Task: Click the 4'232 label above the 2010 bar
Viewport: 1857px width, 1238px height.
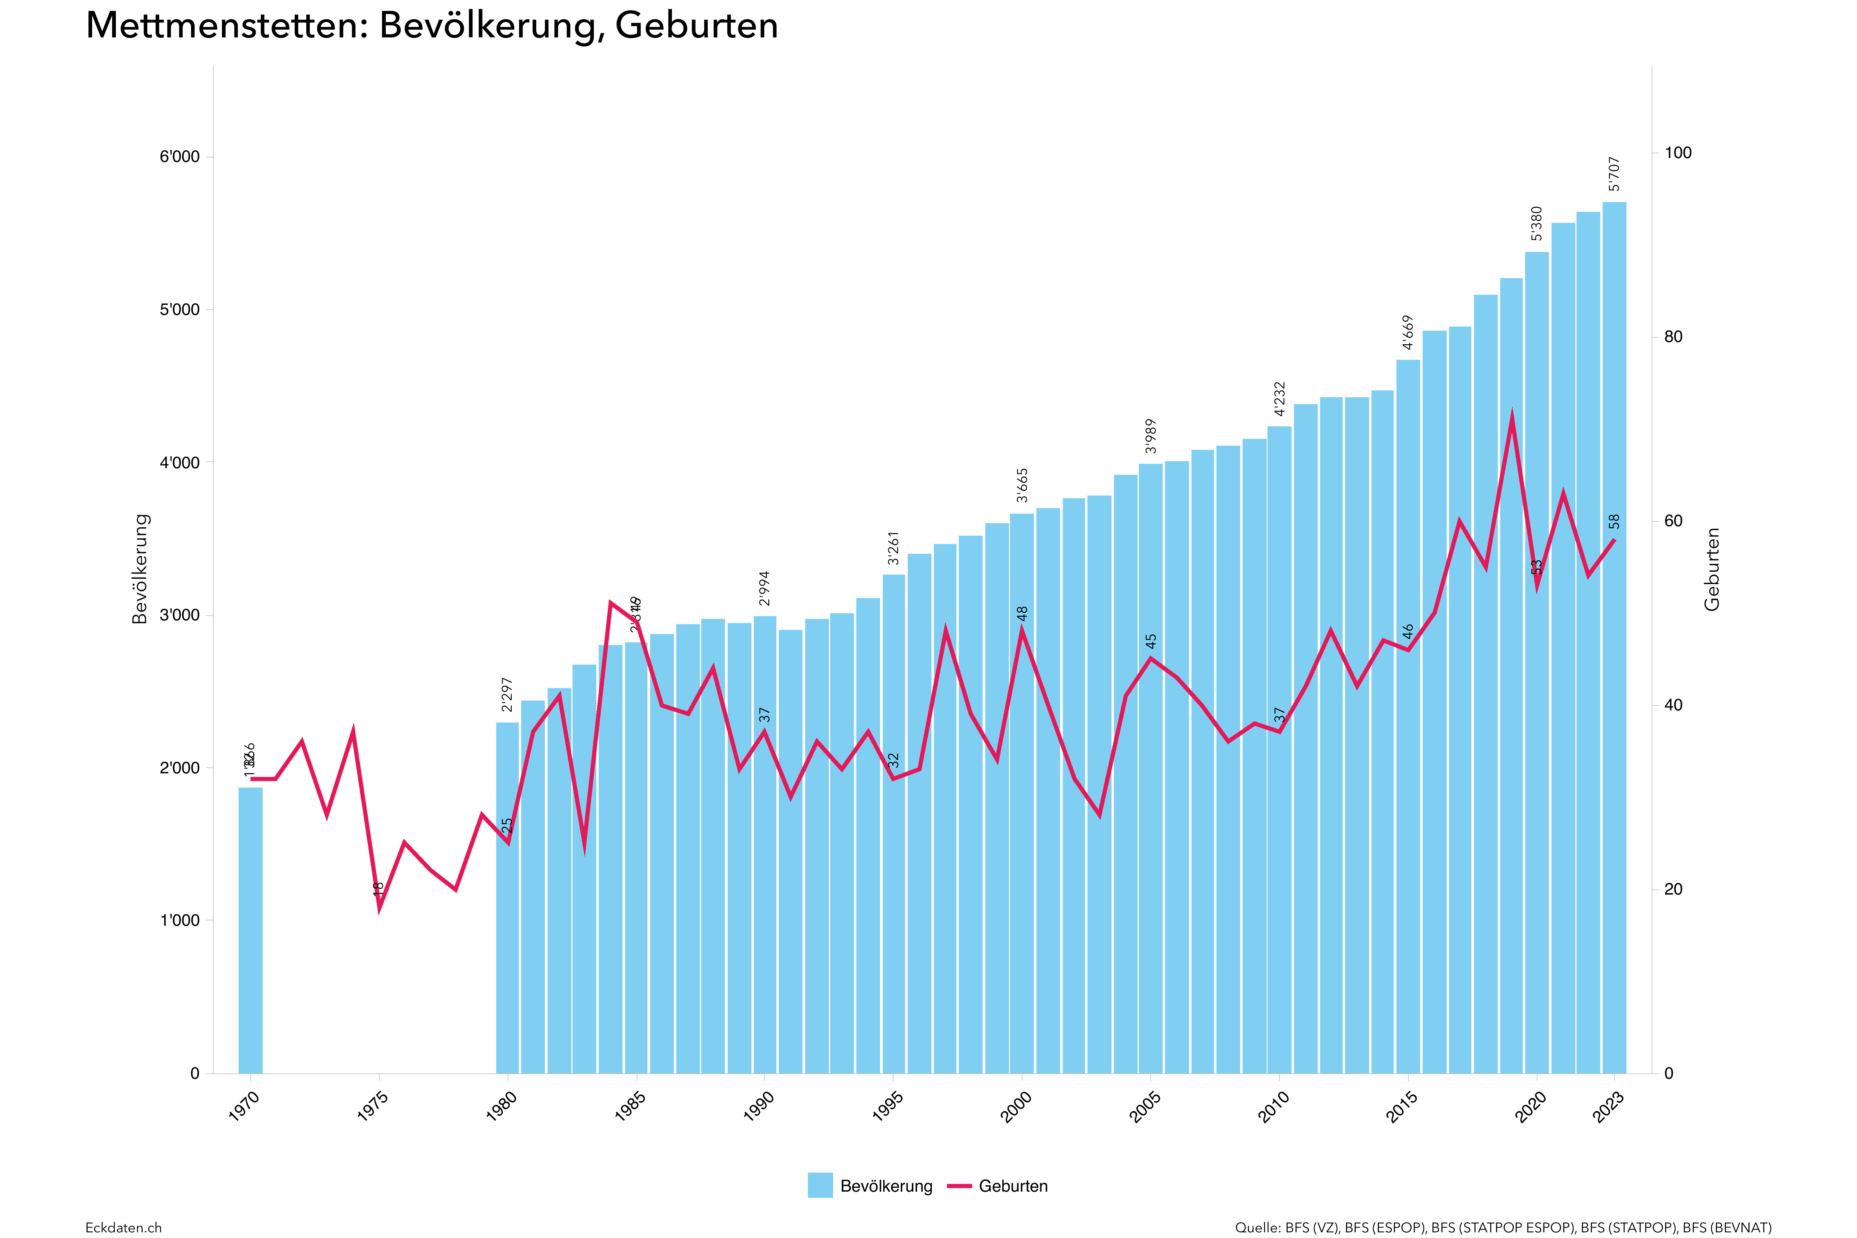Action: point(1280,399)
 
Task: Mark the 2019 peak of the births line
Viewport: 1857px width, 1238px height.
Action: point(1511,416)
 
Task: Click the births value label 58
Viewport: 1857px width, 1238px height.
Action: point(1615,522)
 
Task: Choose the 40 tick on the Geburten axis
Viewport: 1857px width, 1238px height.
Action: point(1673,705)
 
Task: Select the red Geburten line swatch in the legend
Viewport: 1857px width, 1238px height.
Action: point(959,1186)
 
